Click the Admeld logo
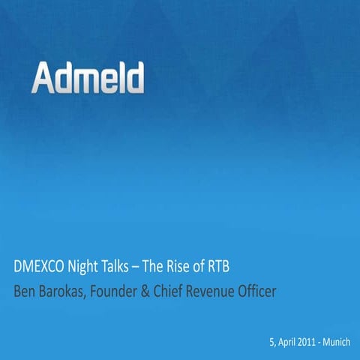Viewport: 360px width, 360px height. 88,78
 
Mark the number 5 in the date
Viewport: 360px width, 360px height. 271,342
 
